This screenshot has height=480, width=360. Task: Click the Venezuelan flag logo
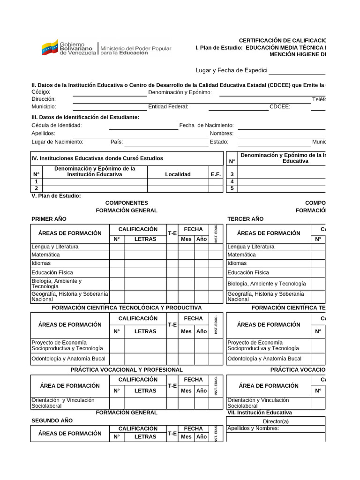tap(50, 47)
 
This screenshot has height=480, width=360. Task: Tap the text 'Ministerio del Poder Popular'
tap(136, 48)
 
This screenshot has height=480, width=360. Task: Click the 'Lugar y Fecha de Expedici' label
tap(231, 70)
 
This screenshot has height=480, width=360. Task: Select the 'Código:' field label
tap(41, 92)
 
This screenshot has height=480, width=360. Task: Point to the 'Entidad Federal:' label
tap(168, 106)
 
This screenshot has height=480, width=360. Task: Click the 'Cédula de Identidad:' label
tap(57, 125)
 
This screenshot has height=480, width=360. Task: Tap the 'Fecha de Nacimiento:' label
tap(206, 125)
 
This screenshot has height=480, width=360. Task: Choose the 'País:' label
tap(117, 142)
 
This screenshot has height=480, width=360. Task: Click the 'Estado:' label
tap(219, 142)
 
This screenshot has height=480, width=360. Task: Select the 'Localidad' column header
tap(178, 174)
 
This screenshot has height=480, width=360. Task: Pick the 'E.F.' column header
tap(216, 174)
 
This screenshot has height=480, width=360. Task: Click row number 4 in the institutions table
tap(232, 182)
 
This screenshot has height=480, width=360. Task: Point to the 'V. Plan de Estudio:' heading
tap(56, 195)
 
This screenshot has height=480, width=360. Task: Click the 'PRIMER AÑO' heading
tap(49, 219)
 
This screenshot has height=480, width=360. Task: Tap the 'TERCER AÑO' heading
tap(245, 219)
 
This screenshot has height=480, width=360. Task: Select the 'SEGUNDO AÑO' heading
tap(52, 420)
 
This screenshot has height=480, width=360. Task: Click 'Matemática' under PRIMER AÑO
tap(45, 255)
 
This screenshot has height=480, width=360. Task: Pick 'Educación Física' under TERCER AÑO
tap(248, 272)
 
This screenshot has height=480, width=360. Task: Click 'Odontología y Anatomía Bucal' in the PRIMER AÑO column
tap(68, 359)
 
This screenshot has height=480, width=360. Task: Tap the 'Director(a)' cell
tap(276, 421)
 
